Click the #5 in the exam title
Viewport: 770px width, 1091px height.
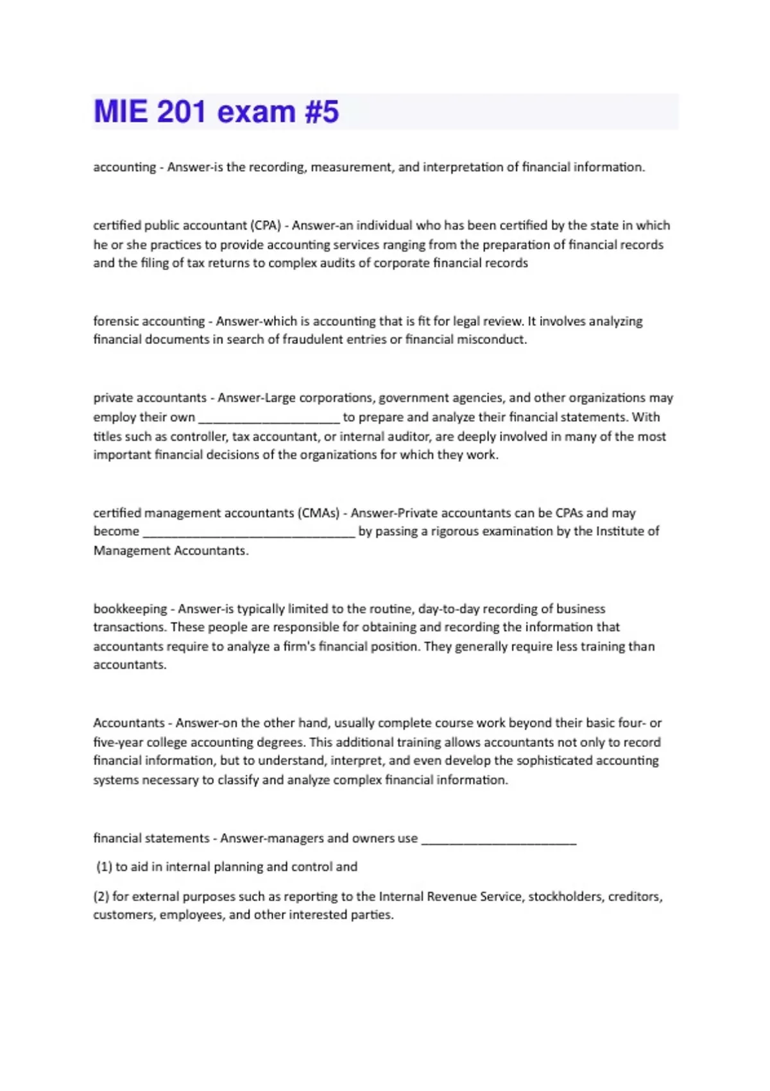[321, 112]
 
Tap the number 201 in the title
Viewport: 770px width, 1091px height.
[181, 112]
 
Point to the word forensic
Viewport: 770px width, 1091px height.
[116, 321]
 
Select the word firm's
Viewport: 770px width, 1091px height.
[299, 646]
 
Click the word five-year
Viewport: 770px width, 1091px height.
[118, 743]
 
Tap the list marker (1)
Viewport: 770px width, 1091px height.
[104, 867]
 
